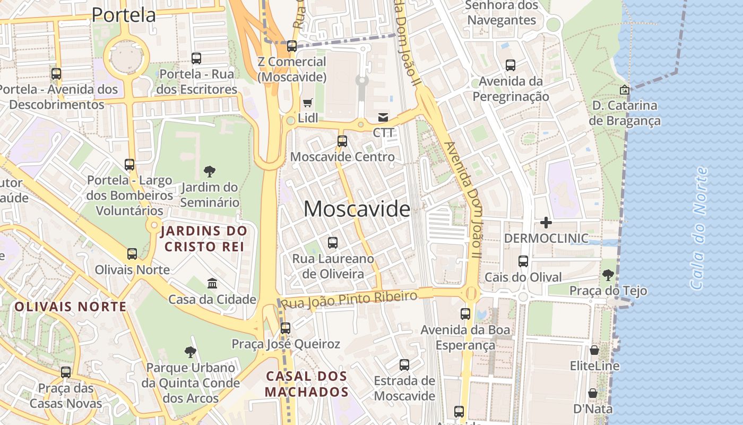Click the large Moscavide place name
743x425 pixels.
[x=357, y=209]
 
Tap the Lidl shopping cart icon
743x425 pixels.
[x=308, y=103]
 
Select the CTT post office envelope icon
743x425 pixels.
[x=383, y=117]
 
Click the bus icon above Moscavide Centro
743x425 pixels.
[x=342, y=141]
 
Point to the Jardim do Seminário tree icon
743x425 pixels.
[x=210, y=172]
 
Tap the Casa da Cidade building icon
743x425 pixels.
[x=212, y=283]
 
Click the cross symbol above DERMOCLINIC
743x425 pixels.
[x=546, y=223]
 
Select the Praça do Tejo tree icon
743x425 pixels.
[x=608, y=275]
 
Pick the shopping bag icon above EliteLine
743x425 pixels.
[x=594, y=351]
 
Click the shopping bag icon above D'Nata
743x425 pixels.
[x=593, y=394]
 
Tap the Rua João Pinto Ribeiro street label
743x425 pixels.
[x=349, y=300]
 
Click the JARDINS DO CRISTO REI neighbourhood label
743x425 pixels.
[x=204, y=239]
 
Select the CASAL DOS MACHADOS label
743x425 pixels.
[x=307, y=384]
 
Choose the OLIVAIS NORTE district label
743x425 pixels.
[x=71, y=307]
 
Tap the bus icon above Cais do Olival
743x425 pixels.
[x=523, y=261]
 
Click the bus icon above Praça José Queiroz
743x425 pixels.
[x=286, y=328]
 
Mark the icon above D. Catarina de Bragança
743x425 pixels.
[x=624, y=90]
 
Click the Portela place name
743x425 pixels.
[x=124, y=15]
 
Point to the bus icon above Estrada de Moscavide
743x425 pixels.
[x=404, y=365]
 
